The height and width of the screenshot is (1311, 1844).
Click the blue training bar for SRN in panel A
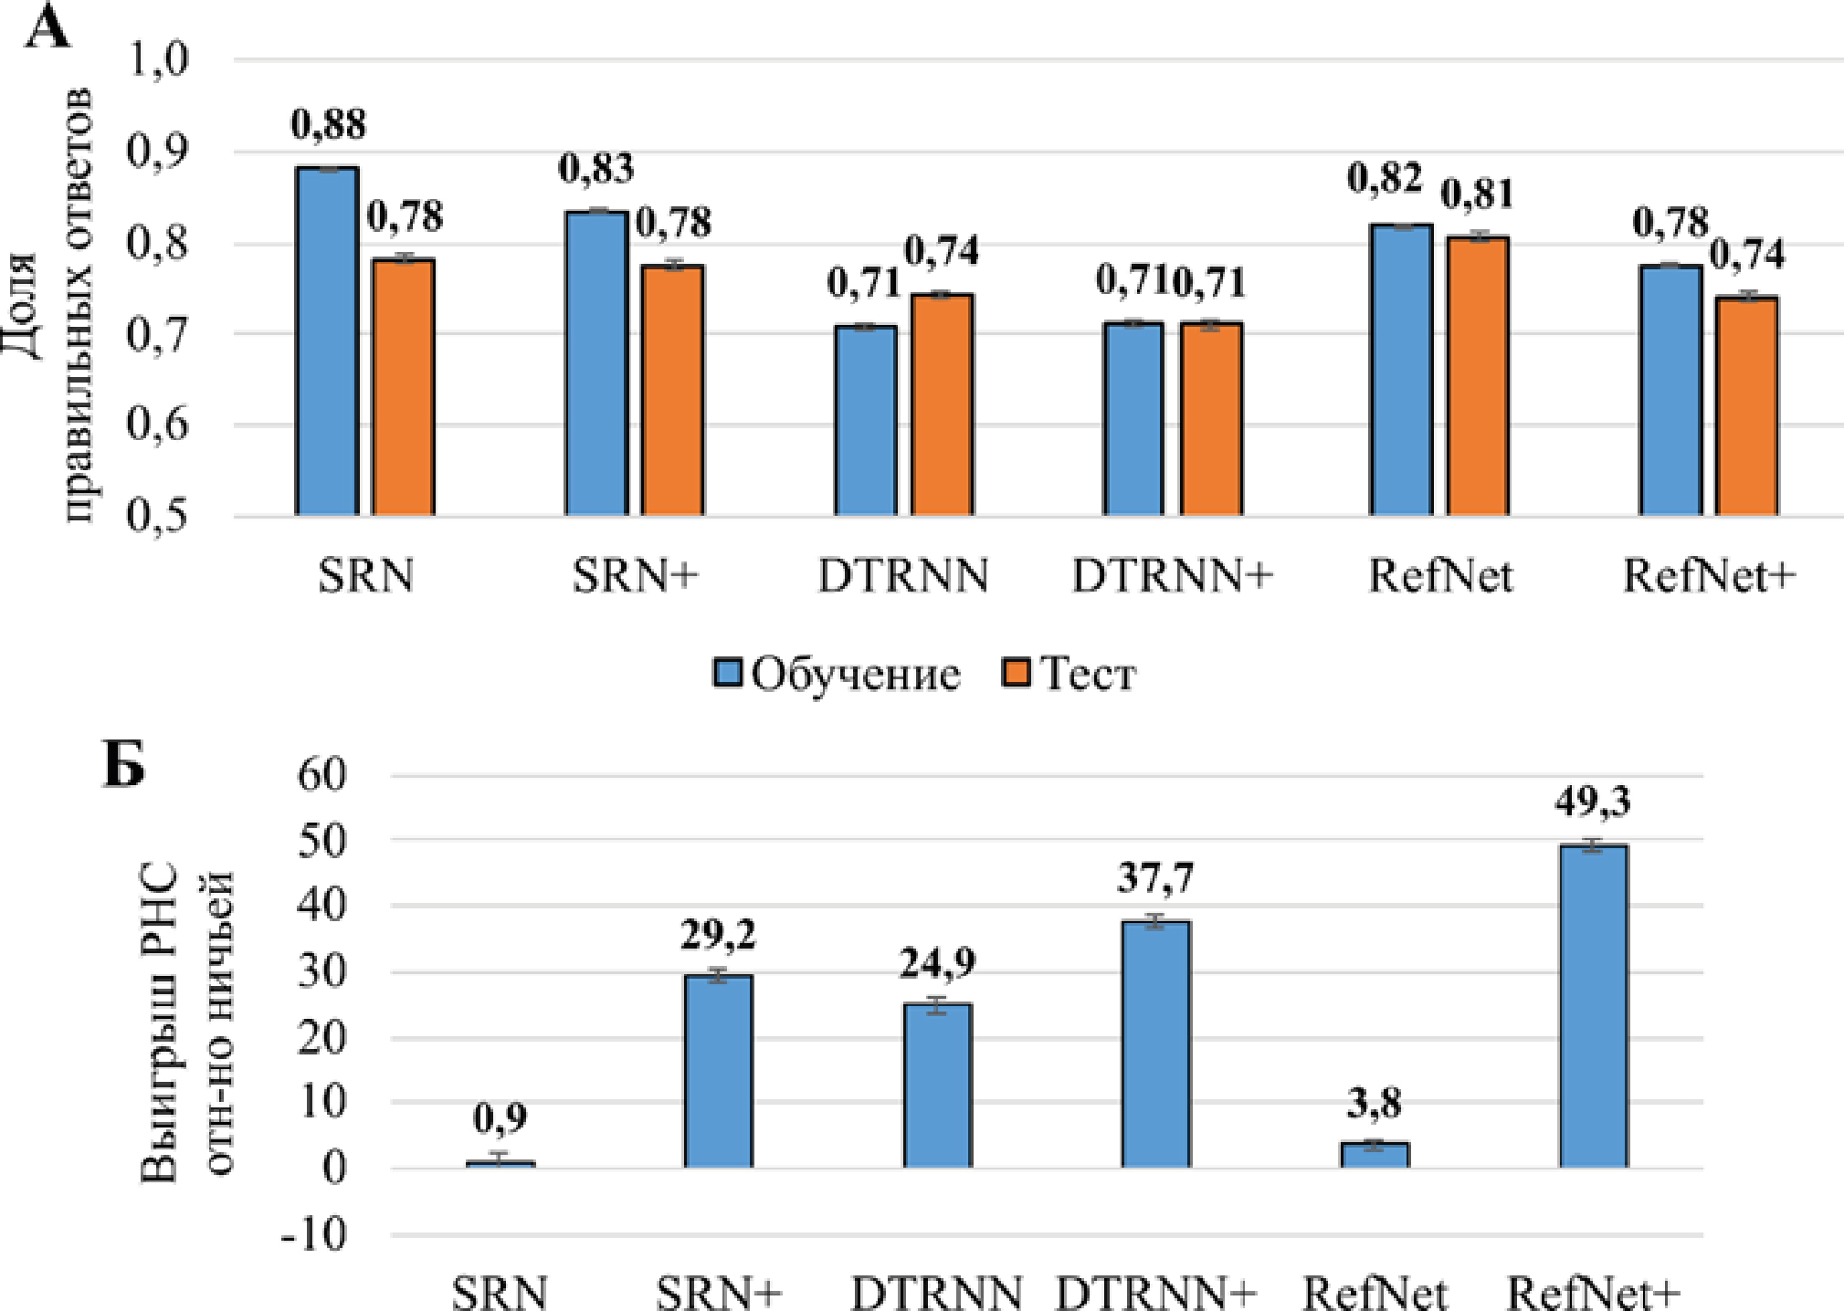coord(327,342)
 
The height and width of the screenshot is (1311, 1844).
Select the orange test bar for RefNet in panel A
coord(1477,376)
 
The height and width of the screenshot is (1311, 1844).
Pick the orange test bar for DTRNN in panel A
coord(941,405)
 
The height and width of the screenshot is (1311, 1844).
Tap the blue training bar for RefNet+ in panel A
coord(1670,391)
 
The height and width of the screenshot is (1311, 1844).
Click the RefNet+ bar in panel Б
coord(1593,1006)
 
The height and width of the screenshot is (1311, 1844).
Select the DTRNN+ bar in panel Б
coord(1155,1044)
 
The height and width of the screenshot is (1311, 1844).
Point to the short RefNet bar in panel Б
coord(1375,1155)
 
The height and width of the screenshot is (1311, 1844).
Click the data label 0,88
coord(329,125)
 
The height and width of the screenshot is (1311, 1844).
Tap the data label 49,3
coord(1593,802)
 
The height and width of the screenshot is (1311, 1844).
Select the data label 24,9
coord(937,963)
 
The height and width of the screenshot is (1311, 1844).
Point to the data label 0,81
coord(1477,194)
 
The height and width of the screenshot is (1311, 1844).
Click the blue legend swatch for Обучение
coord(728,673)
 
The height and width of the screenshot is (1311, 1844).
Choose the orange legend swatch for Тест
coord(1016,673)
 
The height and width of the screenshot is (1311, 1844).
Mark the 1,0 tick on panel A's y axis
coord(157,60)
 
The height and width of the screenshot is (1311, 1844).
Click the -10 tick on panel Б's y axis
coord(314,1235)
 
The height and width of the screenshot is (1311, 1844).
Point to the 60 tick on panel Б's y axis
coord(322,776)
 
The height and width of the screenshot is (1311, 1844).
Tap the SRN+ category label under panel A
coord(635,576)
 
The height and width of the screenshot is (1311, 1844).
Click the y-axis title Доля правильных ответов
coord(55,306)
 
